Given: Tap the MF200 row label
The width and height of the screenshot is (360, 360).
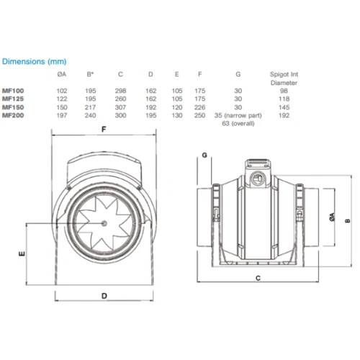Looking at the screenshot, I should click(12, 115).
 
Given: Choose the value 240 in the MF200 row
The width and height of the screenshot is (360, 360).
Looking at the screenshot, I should click(90, 115).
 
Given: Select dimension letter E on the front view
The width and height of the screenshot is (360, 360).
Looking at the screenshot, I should click(22, 254).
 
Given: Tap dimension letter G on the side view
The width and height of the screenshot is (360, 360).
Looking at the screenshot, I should click(204, 155).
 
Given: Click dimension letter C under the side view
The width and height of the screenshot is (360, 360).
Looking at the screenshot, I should click(257, 276).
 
